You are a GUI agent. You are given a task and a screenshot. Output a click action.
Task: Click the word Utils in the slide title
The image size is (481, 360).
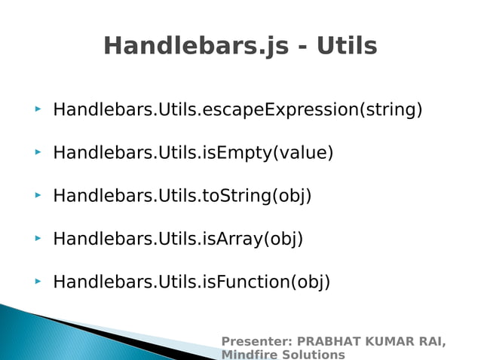[x=346, y=46]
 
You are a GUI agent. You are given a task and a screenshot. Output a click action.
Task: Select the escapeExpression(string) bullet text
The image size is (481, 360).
[x=237, y=110]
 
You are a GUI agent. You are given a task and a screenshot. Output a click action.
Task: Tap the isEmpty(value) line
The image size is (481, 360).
[x=193, y=153]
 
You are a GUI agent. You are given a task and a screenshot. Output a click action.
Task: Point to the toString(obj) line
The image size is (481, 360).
[x=182, y=196]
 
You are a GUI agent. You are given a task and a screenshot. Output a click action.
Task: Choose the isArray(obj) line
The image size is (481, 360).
[x=178, y=239]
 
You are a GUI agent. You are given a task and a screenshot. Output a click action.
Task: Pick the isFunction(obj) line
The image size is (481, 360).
[x=191, y=282]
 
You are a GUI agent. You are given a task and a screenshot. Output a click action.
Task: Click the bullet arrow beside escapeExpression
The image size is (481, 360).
[x=37, y=110]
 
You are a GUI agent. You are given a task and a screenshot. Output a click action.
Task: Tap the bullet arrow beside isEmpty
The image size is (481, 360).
[x=37, y=153]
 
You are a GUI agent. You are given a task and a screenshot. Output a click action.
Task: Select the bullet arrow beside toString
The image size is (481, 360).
[x=37, y=196]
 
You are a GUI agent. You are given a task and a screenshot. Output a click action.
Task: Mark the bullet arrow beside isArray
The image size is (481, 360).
[x=37, y=239]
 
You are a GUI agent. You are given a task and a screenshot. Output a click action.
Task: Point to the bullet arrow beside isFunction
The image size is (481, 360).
[x=37, y=282]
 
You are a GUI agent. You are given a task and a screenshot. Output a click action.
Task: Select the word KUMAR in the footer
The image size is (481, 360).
[x=387, y=342]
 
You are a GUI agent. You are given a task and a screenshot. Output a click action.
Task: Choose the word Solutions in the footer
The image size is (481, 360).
[x=314, y=355]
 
